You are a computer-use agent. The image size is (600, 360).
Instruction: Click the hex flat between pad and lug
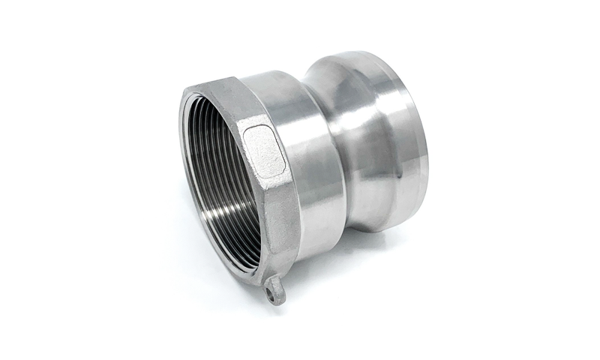point(281,225)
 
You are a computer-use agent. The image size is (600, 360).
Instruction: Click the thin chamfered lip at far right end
point(424,142)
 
